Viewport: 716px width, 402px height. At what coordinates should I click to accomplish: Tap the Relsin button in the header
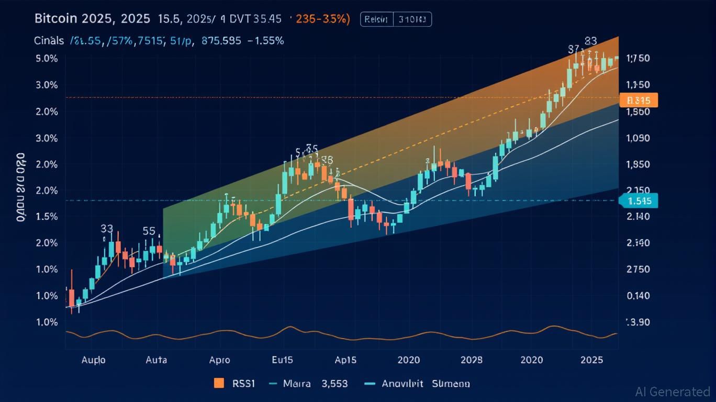pyautogui.click(x=376, y=20)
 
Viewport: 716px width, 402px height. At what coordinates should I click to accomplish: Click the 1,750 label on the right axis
pyautogui.click(x=638, y=58)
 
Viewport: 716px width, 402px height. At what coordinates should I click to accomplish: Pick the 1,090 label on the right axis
pyautogui.click(x=638, y=138)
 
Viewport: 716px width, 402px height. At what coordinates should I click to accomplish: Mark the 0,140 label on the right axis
pyautogui.click(x=638, y=296)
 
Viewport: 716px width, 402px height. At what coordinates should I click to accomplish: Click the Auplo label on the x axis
pyautogui.click(x=93, y=360)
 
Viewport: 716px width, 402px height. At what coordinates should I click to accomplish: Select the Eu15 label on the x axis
pyautogui.click(x=282, y=360)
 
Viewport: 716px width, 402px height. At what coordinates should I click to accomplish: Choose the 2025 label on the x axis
pyautogui.click(x=591, y=360)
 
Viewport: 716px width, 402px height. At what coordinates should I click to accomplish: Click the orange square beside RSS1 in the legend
pyautogui.click(x=219, y=383)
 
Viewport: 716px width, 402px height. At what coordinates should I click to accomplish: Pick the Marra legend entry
pyautogui.click(x=296, y=384)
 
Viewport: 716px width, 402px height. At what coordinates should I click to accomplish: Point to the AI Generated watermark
pyautogui.click(x=673, y=392)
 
